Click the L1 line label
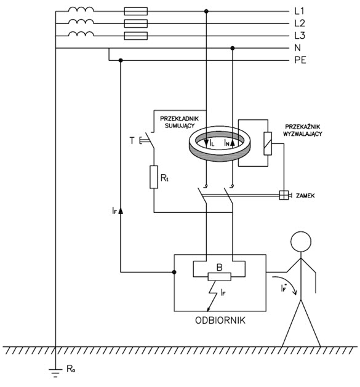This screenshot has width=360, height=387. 300,11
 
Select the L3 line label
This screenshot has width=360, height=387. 300,36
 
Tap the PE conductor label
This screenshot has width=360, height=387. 300,60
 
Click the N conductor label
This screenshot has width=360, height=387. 297,48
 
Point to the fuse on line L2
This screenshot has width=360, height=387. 136,24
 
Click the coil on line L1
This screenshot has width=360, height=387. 81,9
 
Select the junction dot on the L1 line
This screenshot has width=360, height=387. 206,11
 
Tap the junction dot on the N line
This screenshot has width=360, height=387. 233,48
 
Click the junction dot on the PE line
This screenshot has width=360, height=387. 121,60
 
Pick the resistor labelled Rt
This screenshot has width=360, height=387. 154,177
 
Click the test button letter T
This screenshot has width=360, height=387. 132,141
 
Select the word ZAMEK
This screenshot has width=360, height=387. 305,196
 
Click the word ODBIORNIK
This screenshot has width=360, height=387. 220,321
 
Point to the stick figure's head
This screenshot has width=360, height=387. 301,242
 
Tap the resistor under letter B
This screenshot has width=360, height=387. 220,277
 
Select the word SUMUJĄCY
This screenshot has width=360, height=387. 180,126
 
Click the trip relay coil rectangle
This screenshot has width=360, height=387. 268,143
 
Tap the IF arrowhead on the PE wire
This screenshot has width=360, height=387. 121,210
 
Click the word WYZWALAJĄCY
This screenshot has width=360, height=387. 303,134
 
